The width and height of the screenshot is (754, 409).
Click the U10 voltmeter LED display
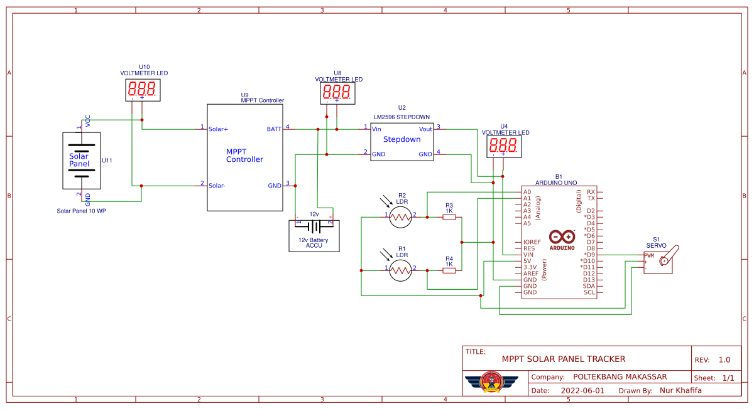(x=143, y=89)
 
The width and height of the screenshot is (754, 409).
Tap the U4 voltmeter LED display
(x=503, y=146)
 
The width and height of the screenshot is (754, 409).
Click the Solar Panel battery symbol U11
(x=81, y=161)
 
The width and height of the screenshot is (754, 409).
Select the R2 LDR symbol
(x=400, y=217)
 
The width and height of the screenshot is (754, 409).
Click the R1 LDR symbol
(x=400, y=270)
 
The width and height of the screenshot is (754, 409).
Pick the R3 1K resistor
(x=449, y=217)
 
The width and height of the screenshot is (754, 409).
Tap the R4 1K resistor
(x=449, y=270)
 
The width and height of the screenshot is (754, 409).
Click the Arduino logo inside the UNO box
(x=561, y=238)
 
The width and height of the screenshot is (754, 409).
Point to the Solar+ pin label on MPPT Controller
(x=219, y=129)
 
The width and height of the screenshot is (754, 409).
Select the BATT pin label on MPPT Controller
(x=274, y=129)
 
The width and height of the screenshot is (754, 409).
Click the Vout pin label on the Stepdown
(x=425, y=129)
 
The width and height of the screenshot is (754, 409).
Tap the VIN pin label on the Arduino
(x=528, y=255)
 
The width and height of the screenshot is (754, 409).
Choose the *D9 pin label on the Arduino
(x=589, y=255)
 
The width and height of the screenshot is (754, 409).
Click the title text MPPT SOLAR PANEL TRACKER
(x=564, y=359)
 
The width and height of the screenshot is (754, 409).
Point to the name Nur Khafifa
(x=680, y=390)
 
